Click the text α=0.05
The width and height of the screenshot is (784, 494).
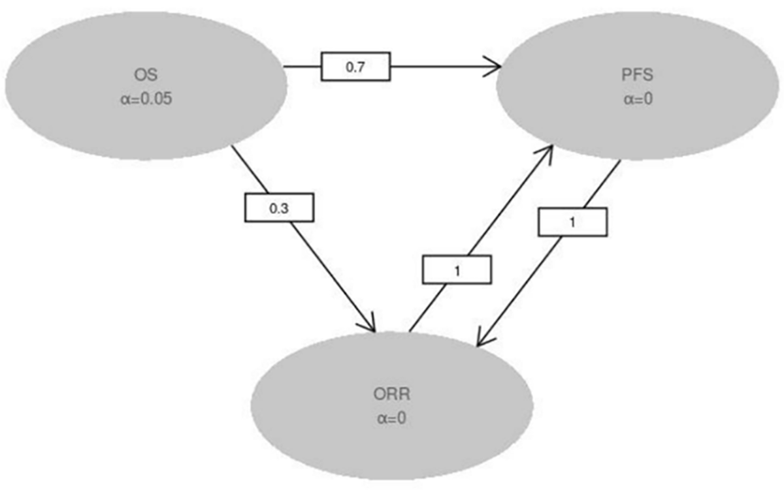[144, 101]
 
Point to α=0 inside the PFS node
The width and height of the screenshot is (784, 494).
[638, 99]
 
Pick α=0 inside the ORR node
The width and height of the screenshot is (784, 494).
[391, 418]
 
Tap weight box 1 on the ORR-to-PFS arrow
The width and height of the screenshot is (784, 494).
[457, 270]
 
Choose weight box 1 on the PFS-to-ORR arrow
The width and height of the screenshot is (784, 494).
[572, 222]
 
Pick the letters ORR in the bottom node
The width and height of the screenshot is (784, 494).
[391, 394]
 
